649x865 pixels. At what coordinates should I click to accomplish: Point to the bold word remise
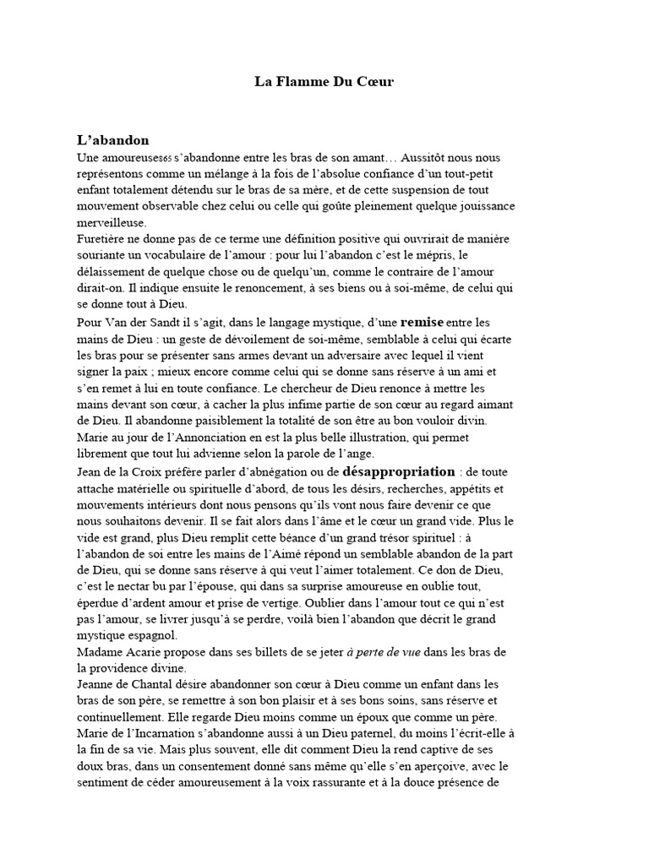422,322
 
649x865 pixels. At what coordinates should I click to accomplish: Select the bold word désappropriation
398,471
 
